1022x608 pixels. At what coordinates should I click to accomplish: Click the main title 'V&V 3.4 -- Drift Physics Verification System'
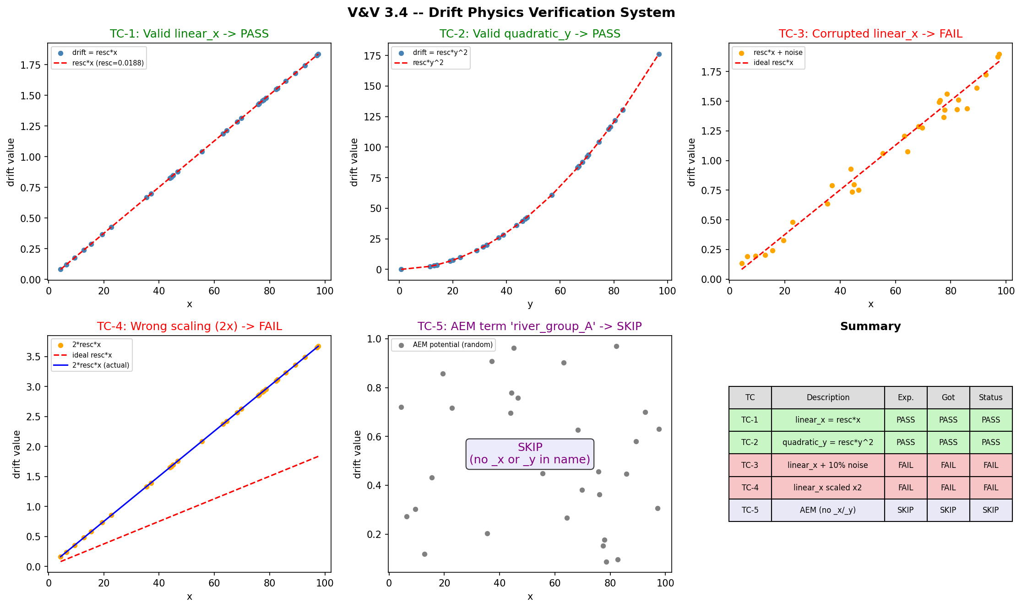click(x=511, y=12)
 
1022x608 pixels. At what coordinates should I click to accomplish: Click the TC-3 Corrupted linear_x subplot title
click(x=870, y=34)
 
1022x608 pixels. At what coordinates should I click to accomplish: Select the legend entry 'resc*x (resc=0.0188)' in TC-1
click(x=108, y=63)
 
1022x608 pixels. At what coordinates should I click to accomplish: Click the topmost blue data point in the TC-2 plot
click(x=659, y=54)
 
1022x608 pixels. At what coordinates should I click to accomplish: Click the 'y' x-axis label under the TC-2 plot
click(x=530, y=304)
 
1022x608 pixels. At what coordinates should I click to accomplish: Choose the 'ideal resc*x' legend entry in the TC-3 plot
click(x=773, y=63)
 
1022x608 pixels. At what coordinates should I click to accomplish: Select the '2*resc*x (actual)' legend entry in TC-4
click(x=101, y=365)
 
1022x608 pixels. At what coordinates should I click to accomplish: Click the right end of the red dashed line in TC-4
click(x=318, y=456)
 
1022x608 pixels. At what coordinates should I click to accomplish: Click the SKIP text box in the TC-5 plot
click(x=530, y=454)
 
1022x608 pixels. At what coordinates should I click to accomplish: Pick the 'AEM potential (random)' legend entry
click(x=452, y=345)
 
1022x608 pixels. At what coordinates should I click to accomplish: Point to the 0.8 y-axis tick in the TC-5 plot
click(x=375, y=388)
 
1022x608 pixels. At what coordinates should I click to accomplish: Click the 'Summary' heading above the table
click(x=870, y=326)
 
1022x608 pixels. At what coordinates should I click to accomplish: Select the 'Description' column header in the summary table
click(x=828, y=397)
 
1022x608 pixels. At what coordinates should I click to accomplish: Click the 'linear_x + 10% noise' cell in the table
click(x=828, y=465)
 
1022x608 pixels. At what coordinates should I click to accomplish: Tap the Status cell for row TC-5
click(x=990, y=510)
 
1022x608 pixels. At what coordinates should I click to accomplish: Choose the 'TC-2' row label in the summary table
click(x=750, y=442)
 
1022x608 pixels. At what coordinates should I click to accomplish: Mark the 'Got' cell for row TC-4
click(x=948, y=488)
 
